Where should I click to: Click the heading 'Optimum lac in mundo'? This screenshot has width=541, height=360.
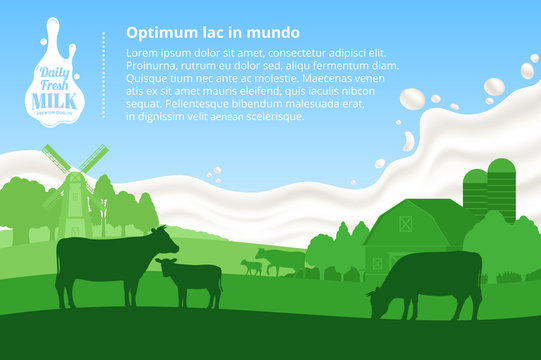point(212,33)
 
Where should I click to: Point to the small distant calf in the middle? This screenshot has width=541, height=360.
point(251,266)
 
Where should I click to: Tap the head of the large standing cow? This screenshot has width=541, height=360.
point(161,239)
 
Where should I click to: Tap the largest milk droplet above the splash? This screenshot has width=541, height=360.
point(412,99)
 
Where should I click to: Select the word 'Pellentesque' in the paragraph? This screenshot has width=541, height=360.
point(201,104)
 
